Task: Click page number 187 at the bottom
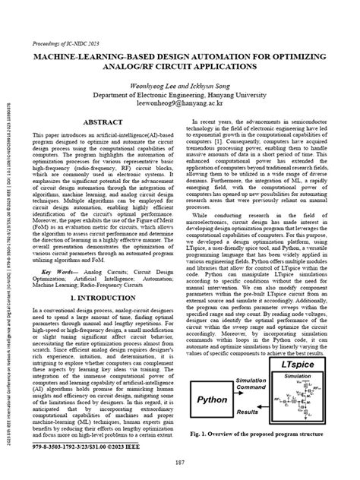(180, 463)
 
